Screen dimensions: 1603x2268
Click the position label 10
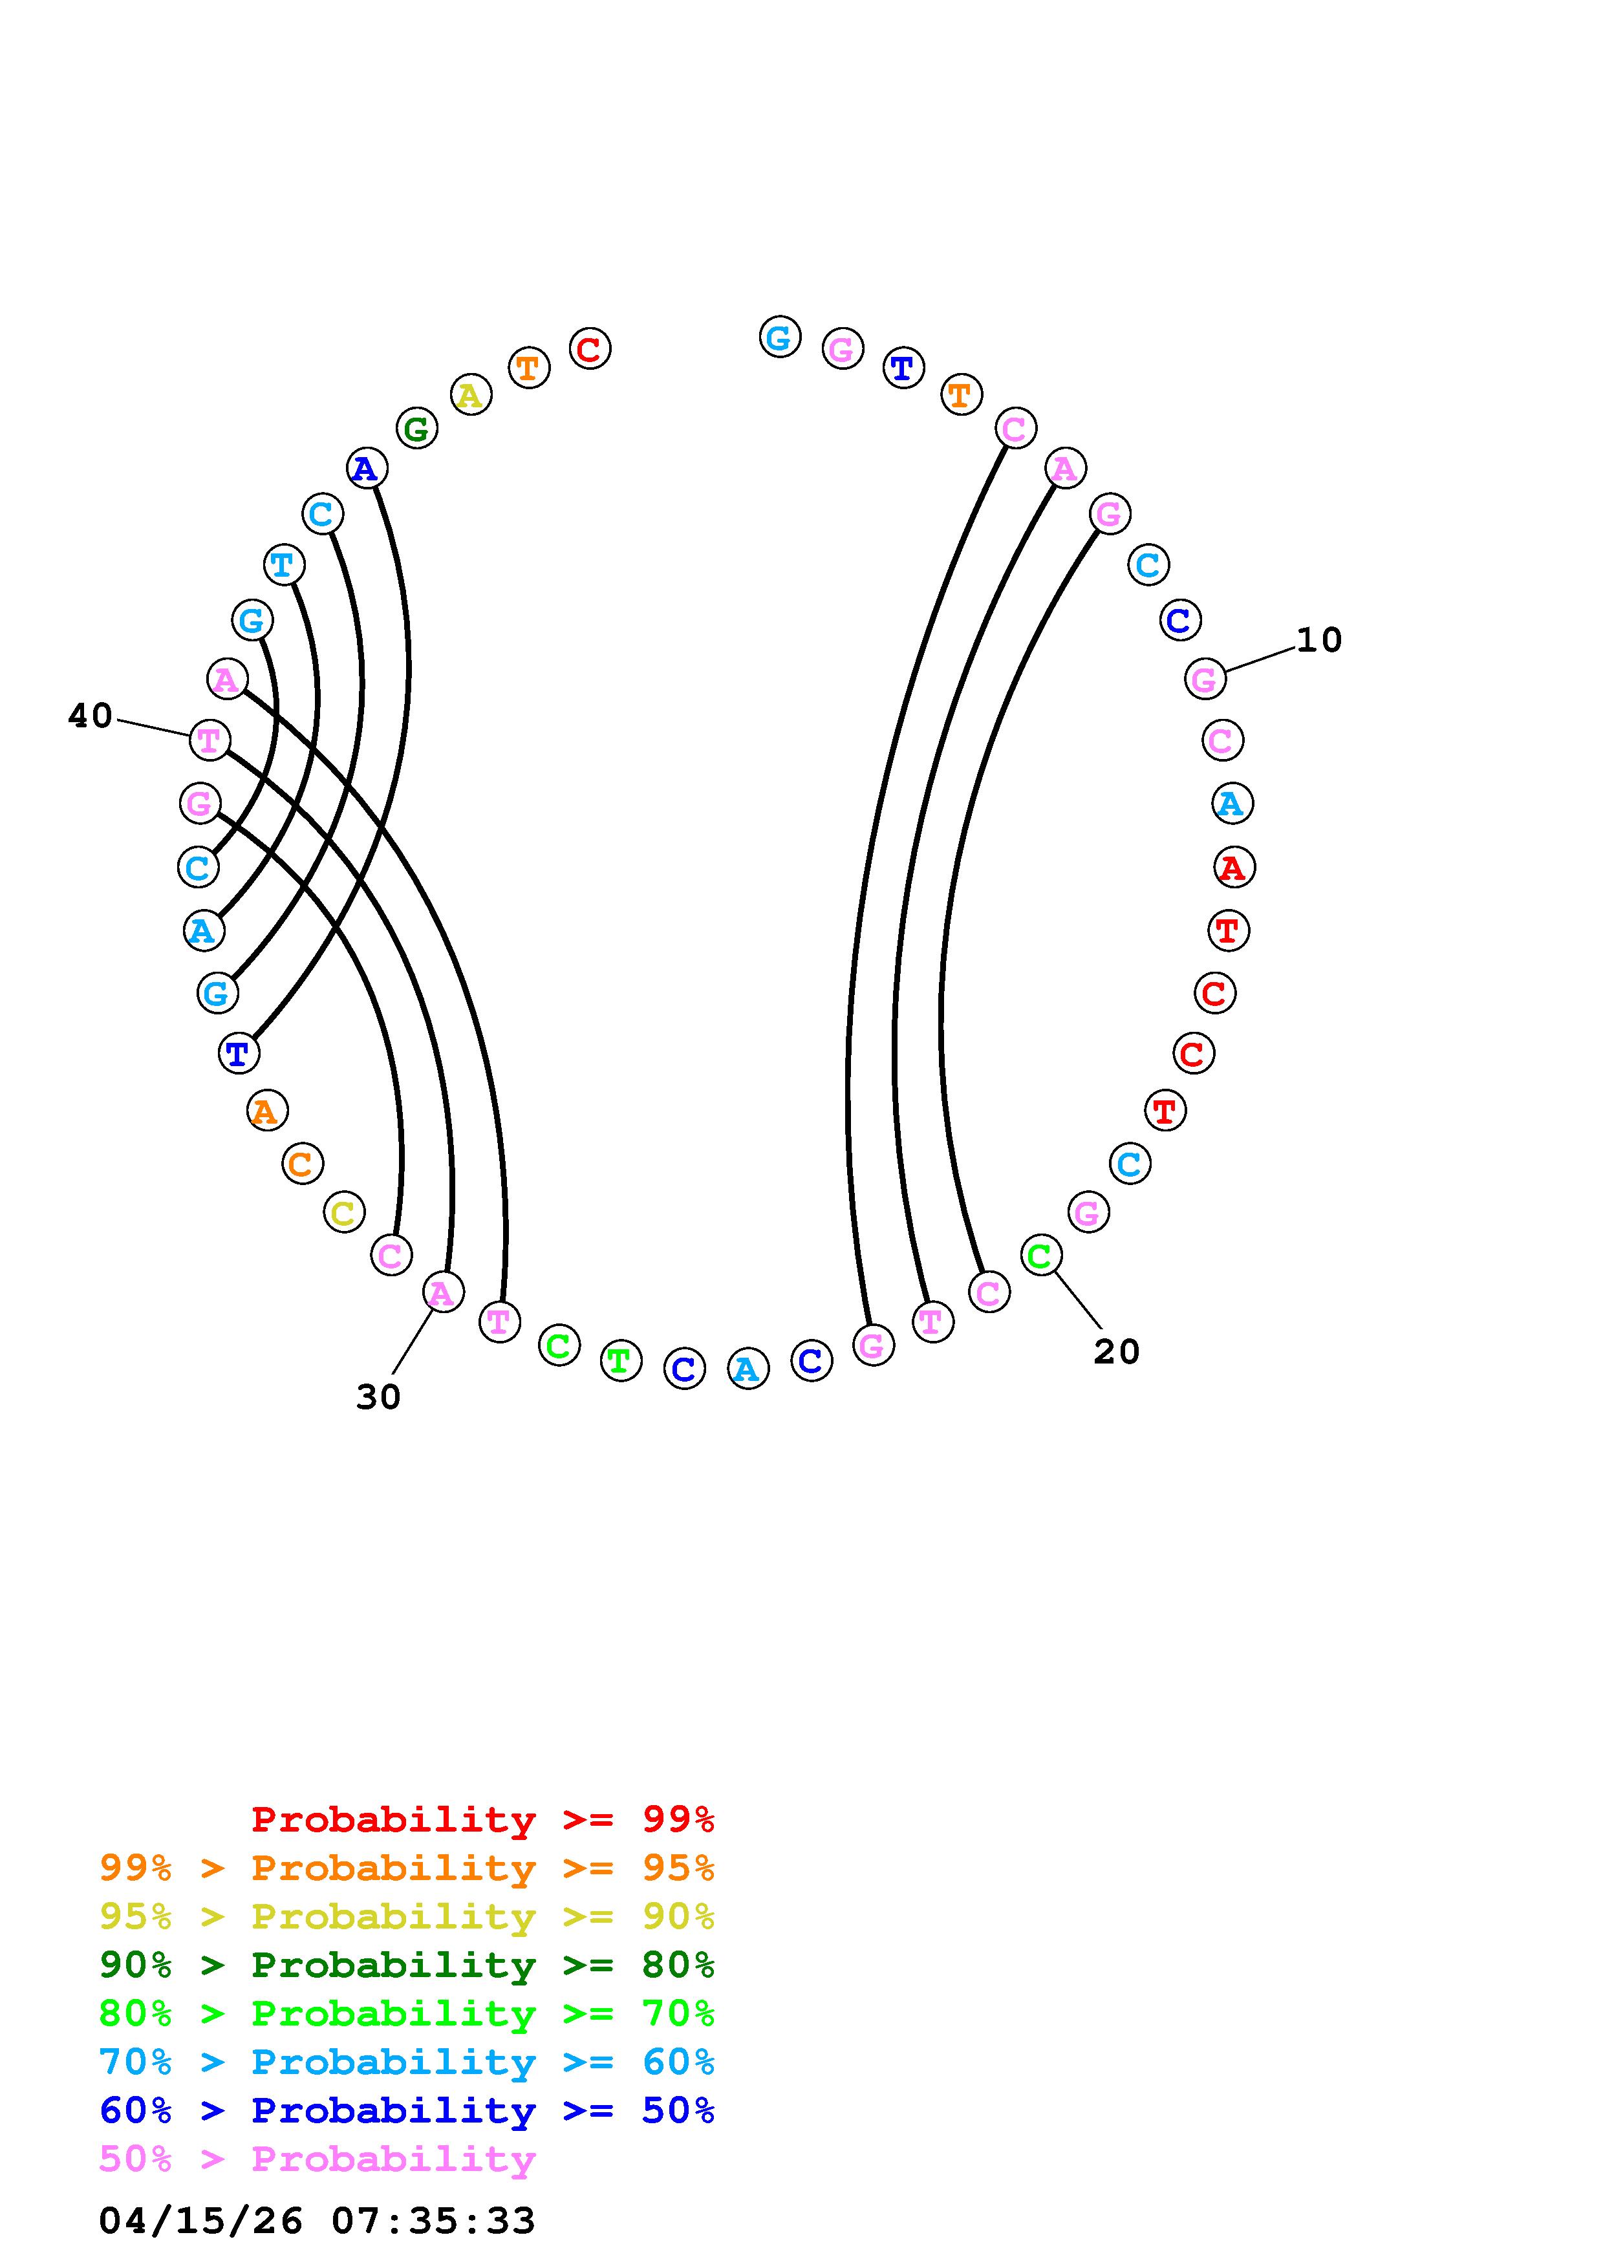tap(1318, 640)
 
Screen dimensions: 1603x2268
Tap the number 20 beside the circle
tap(1116, 1351)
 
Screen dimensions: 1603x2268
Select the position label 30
tap(378, 1396)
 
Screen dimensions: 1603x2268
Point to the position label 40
tap(90, 715)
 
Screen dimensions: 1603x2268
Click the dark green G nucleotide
tap(417, 429)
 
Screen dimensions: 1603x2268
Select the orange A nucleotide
tap(266, 1111)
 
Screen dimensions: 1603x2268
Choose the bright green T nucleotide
tap(620, 1360)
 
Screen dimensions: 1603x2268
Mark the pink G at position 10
tap(1204, 679)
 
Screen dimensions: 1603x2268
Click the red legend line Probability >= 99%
tap(482, 1819)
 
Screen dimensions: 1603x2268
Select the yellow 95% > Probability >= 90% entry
tap(406, 1916)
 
